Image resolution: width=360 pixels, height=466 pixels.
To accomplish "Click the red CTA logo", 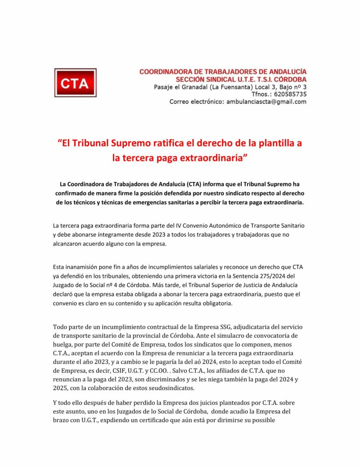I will pyautogui.click(x=75, y=83).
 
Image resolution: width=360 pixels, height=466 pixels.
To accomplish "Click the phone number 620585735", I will pyautogui.click(x=289, y=94).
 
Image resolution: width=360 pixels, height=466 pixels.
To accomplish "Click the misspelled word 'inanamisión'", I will pyautogui.click(x=84, y=267).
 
